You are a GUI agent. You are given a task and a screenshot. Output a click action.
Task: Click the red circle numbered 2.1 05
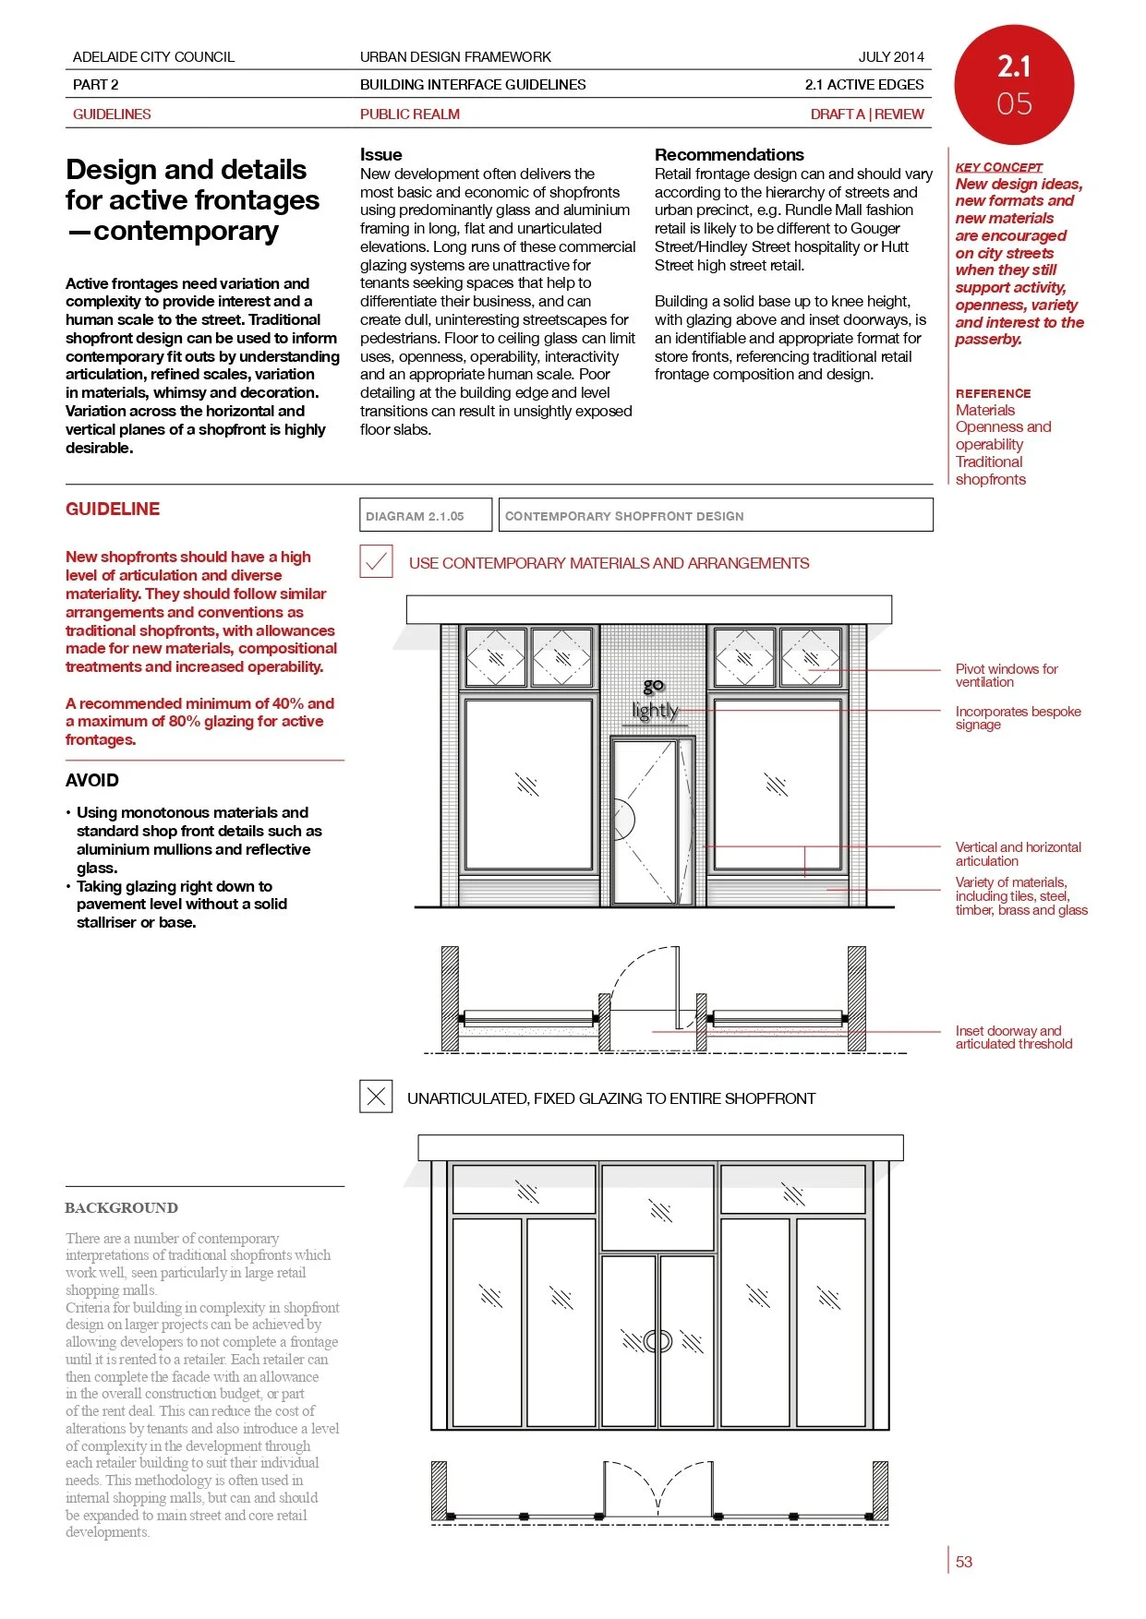coord(1013,84)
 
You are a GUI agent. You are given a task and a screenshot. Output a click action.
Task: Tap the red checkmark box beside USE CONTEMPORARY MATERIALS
coord(376,562)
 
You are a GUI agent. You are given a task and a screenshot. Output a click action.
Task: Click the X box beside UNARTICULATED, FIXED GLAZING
coord(376,1097)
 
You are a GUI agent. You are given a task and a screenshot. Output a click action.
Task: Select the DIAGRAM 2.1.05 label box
coord(425,515)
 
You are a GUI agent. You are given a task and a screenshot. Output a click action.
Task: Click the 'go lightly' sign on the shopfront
coord(654,700)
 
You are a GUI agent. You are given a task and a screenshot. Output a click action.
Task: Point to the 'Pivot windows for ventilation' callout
coord(1006,676)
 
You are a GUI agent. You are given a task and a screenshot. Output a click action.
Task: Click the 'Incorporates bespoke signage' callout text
coord(1017,718)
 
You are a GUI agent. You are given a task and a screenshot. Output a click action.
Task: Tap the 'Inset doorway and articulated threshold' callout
coord(1013,1037)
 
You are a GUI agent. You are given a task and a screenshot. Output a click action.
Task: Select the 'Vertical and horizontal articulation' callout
coord(1017,854)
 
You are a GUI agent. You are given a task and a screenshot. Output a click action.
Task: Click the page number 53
coord(963,1562)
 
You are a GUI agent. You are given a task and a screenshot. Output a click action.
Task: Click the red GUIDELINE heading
coord(113,509)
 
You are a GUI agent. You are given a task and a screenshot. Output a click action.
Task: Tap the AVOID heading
coord(92,780)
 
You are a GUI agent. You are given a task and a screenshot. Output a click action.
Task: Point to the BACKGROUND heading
coord(121,1207)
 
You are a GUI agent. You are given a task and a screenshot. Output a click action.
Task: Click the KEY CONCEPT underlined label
coord(998,167)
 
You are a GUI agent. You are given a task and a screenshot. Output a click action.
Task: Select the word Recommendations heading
coord(729,154)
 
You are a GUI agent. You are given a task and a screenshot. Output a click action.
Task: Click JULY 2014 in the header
coord(890,56)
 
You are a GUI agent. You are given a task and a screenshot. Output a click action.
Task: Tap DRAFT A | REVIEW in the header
coord(866,114)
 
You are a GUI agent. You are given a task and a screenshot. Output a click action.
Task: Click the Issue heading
coord(380,154)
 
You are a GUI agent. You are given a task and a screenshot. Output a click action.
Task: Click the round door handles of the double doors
coord(657,1341)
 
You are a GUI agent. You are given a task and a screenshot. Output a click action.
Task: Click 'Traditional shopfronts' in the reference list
coord(990,471)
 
